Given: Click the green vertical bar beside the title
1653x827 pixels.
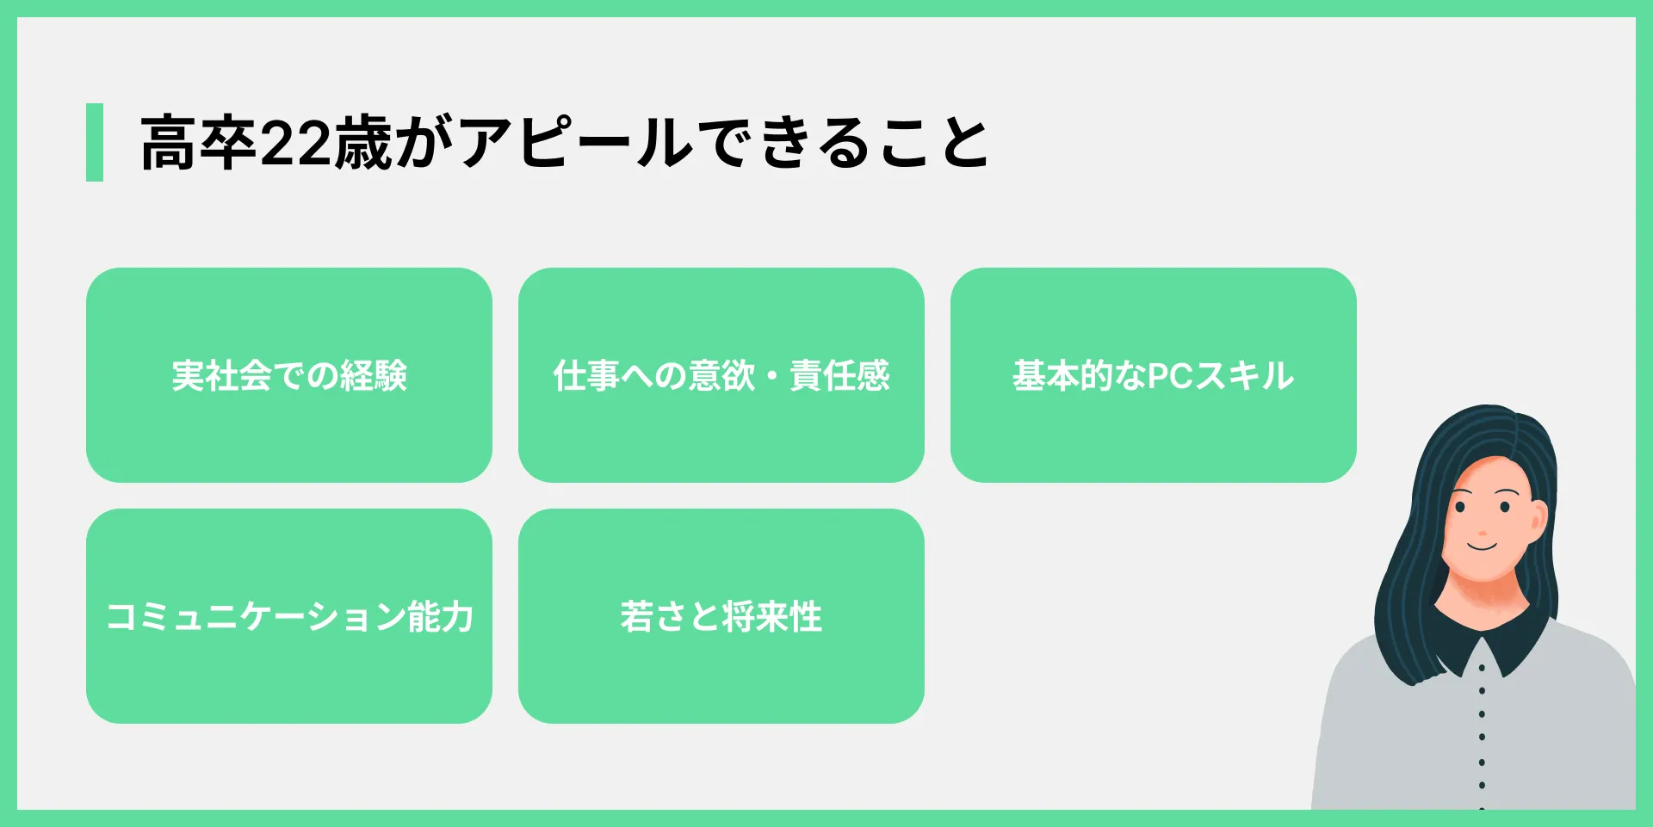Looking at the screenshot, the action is coord(95,142).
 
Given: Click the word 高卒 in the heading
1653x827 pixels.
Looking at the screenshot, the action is coord(199,143).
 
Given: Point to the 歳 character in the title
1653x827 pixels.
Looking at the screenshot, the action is coord(362,143).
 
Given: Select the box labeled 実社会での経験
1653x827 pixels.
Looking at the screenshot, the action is coord(289,375).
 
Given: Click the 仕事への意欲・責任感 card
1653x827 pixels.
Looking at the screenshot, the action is coord(721,375).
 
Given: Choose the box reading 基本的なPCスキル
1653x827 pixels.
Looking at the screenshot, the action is coord(1154,375).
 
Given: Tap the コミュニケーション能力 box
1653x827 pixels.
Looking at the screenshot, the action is coord(289,616).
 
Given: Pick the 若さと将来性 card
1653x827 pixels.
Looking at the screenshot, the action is coord(721,616).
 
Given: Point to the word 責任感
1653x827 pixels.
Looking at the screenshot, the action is coord(839,375).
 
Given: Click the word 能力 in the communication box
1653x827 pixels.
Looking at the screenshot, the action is coord(440,616).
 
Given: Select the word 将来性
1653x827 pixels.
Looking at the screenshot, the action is coord(772,616).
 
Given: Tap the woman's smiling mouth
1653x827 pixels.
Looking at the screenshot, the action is coord(1483,546).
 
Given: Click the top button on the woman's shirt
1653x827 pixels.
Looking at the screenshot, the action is coord(1482,668).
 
